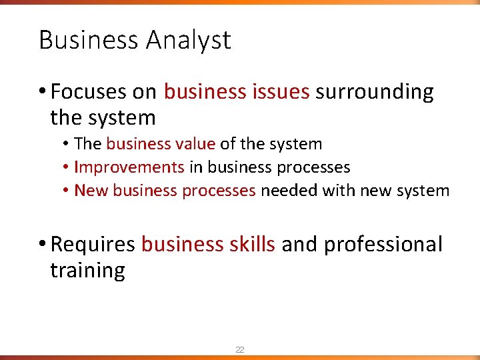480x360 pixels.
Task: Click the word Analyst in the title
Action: [x=188, y=41]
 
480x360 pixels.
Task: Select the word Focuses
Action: [x=87, y=91]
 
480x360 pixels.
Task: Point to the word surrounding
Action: [x=375, y=91]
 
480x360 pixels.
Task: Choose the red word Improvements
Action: [x=129, y=167]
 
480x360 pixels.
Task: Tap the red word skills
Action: [x=251, y=245]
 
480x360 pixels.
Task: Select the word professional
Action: [x=383, y=245]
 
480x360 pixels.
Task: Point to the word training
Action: [x=87, y=271]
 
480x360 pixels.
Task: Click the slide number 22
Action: [x=239, y=349]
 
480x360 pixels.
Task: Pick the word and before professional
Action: [x=299, y=245]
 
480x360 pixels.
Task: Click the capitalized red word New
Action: [x=91, y=191]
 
